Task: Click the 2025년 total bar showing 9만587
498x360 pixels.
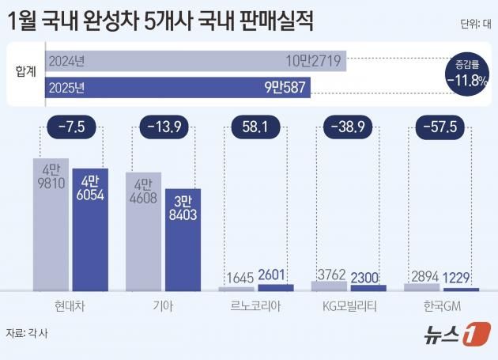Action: coord(178,88)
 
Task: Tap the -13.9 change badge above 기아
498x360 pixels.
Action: coord(164,126)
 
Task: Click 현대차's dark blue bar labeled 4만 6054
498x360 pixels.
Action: coord(90,229)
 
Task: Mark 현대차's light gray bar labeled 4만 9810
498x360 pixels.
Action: coord(51,225)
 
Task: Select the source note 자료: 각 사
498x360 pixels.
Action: coord(28,332)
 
